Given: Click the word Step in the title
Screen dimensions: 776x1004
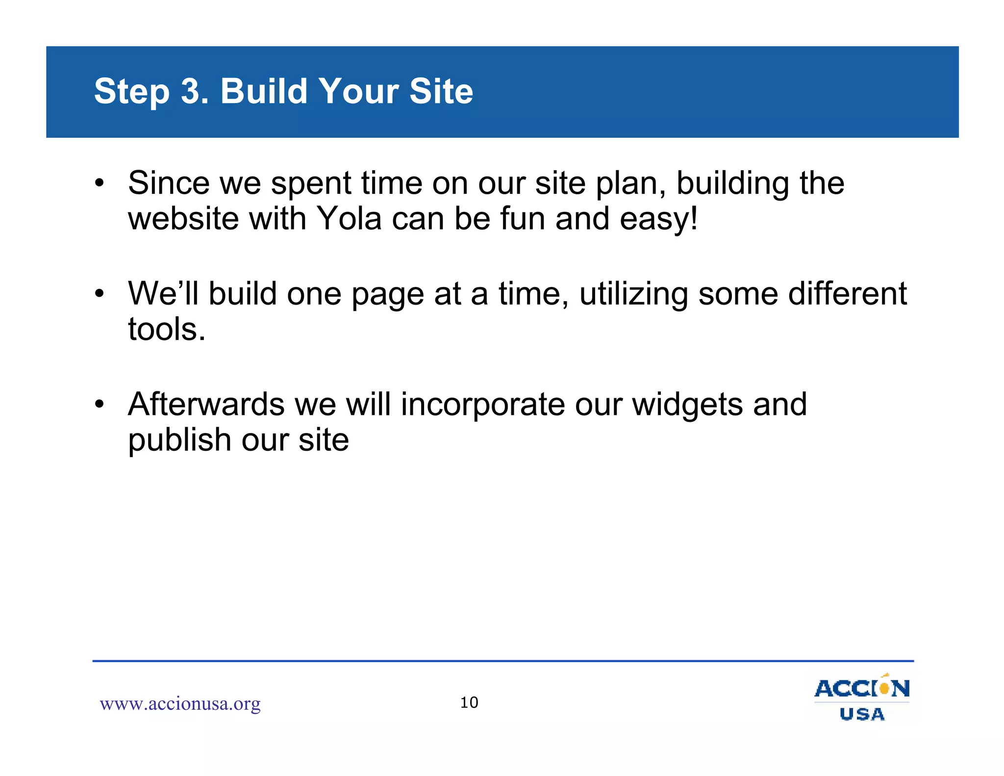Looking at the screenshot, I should point(131,92).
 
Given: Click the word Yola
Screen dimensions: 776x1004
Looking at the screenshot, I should point(349,219).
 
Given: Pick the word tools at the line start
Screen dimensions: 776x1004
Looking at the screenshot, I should point(166,329).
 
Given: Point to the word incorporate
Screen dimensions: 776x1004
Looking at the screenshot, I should point(482,405).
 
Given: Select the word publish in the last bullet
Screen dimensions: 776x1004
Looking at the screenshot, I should point(179,440).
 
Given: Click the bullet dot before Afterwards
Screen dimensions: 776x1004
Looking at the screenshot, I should point(100,404).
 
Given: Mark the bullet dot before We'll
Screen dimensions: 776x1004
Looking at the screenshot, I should point(100,293).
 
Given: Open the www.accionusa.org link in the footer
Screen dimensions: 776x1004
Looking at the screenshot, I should point(180,704).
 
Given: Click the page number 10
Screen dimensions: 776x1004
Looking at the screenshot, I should point(469,702).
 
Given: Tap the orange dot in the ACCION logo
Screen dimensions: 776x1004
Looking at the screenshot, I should point(884,688).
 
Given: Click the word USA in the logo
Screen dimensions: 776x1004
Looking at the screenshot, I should point(862,714).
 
